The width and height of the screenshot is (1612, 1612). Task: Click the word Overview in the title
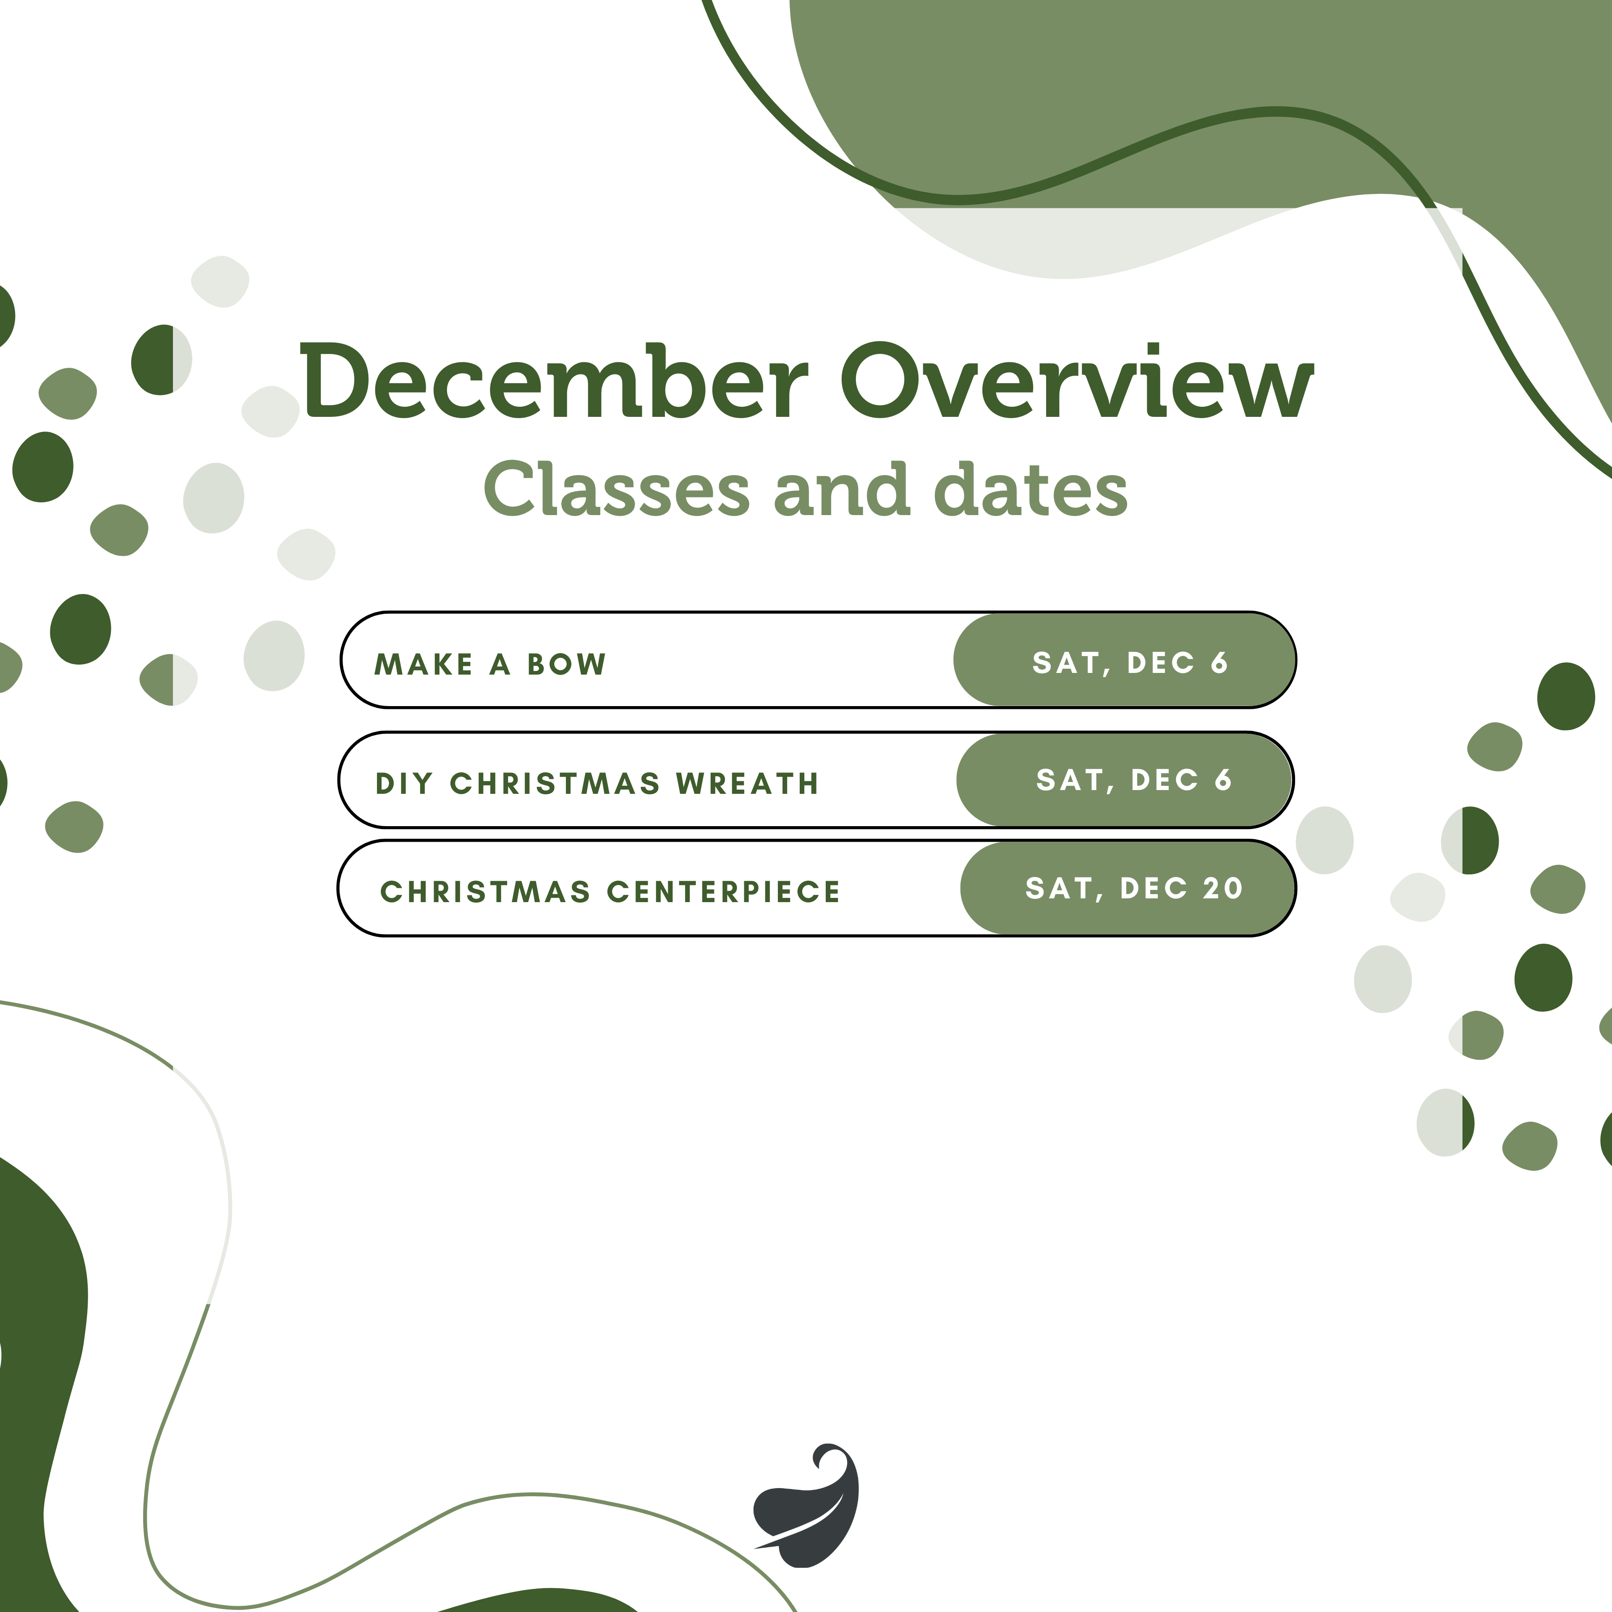pos(1076,381)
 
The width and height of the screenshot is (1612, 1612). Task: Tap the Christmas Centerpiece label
pos(610,892)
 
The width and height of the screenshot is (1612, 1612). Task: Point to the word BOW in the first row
pos(567,664)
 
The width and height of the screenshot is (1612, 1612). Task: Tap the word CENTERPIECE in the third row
pos(723,892)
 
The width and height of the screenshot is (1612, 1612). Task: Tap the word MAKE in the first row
pos(424,664)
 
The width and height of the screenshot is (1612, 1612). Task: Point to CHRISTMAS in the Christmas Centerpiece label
pos(486,892)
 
